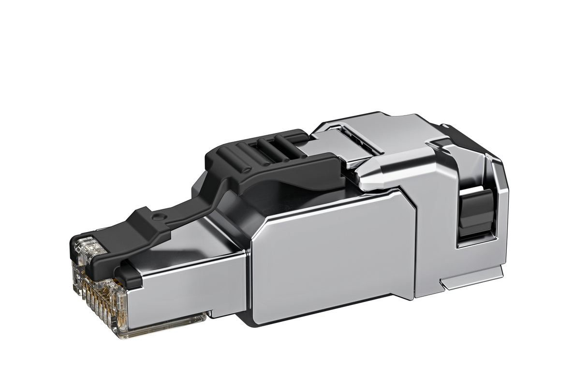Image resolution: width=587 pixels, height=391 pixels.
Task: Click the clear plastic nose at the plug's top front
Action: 89,248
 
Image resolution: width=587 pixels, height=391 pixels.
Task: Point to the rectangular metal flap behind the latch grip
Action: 334,145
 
